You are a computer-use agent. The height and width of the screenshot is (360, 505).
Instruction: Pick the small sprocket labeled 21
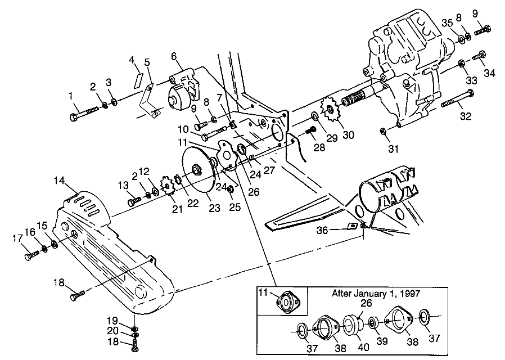coord(166,186)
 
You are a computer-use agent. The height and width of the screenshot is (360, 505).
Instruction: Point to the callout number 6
coord(173,56)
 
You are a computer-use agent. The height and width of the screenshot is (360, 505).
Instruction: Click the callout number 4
coord(132,60)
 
